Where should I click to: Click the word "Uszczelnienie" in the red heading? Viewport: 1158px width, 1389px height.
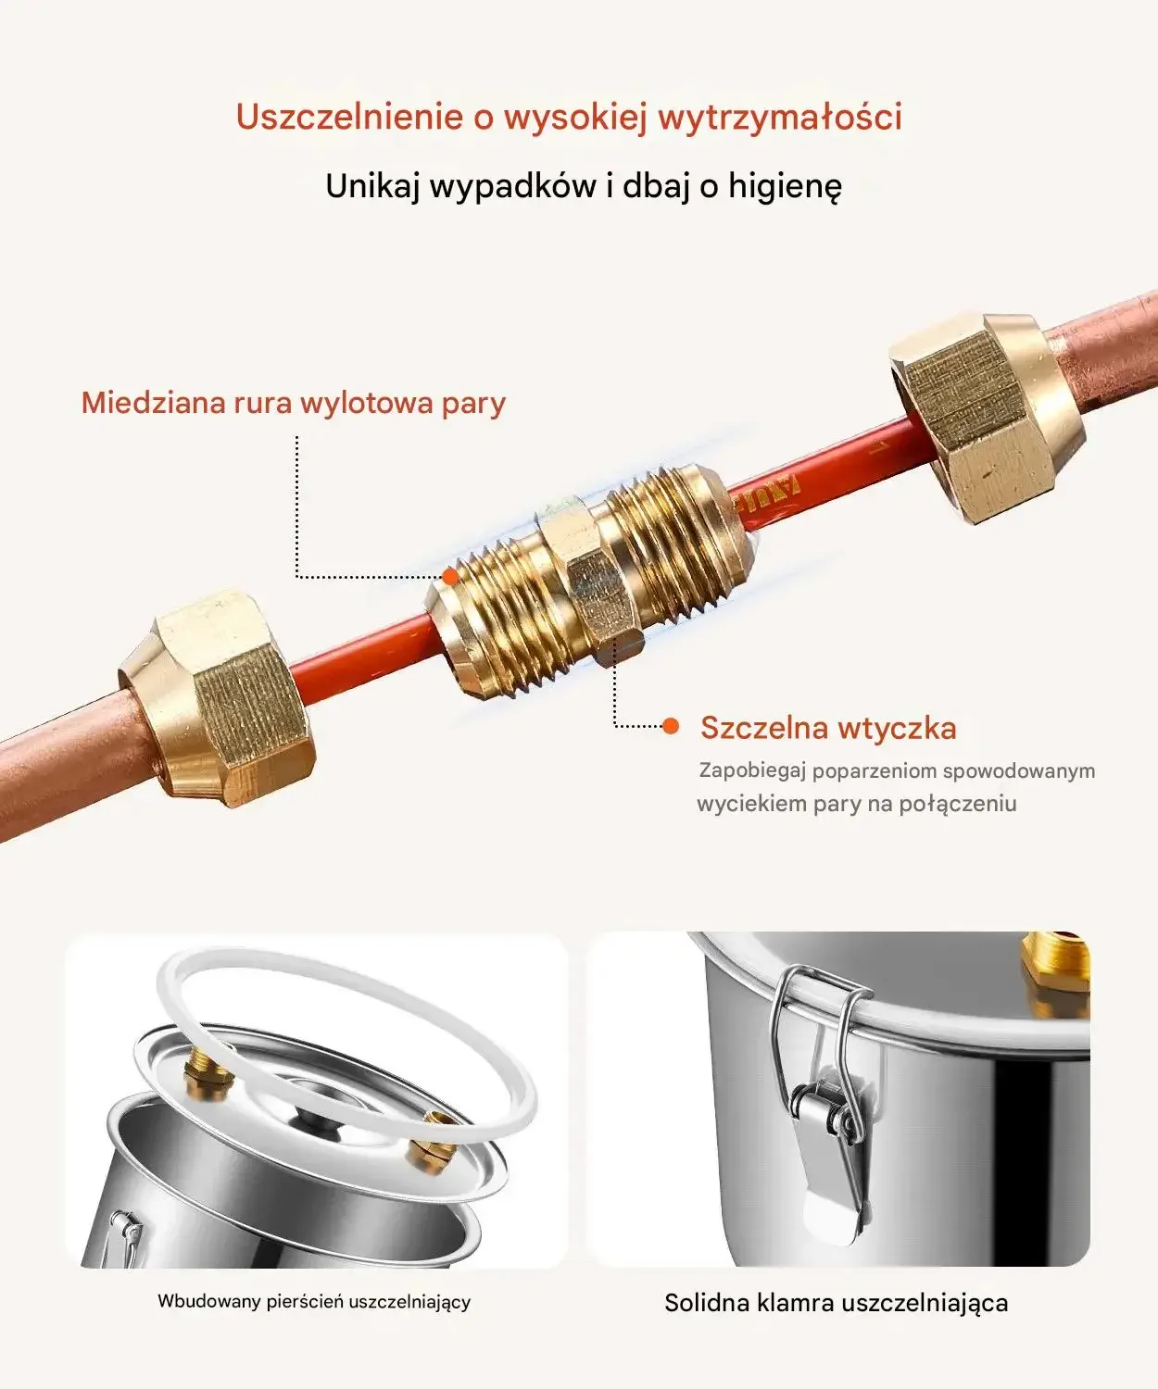349,117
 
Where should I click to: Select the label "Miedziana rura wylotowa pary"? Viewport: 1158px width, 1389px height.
294,403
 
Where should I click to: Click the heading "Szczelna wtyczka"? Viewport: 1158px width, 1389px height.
828,728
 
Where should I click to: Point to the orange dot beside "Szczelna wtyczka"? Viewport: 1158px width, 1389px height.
671,726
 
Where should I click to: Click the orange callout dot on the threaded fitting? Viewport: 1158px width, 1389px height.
450,576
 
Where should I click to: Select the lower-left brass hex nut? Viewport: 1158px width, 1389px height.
216,698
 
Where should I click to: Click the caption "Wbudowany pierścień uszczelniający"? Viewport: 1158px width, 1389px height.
314,1302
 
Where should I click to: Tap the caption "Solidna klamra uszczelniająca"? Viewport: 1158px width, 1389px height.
836,1303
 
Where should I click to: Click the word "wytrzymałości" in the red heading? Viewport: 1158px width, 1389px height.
780,118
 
